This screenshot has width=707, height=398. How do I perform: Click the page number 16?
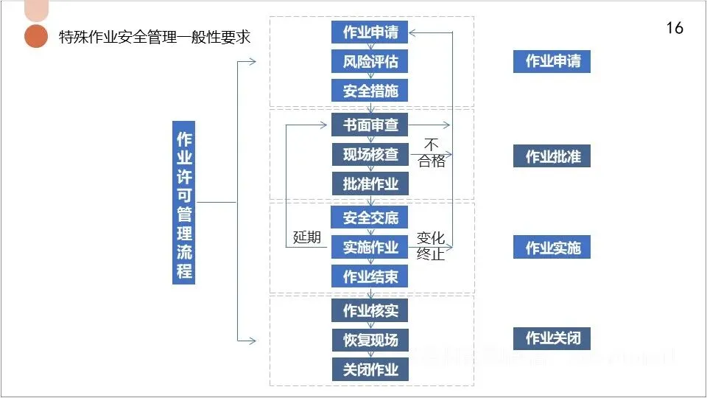coord(674,28)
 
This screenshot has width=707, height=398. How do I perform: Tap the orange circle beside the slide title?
coord(35,36)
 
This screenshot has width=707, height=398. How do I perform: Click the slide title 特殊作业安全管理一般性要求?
coord(154,37)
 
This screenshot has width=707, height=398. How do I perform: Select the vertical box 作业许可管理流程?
coord(183,201)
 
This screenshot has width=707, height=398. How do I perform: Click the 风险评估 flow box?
coord(370,61)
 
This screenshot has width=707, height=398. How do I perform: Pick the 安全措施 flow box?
coord(370,91)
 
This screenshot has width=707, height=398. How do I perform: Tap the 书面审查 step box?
coord(370,125)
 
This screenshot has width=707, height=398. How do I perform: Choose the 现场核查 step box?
coord(370,154)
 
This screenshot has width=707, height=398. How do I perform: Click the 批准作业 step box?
coord(370,184)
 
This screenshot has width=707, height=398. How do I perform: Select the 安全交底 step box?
coord(370,217)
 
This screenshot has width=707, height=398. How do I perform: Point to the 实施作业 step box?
coord(370,247)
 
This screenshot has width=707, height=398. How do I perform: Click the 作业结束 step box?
coord(370,276)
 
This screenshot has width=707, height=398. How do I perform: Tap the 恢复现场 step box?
coord(370,340)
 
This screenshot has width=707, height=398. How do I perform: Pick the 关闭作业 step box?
coord(370,369)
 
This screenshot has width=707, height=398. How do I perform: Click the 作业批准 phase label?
coord(552,156)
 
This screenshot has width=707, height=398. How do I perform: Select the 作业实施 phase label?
coord(552,248)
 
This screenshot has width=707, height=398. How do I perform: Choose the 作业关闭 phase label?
coord(552,338)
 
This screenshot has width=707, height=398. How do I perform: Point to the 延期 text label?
coord(307,237)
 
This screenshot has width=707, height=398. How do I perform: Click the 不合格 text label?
coord(432,153)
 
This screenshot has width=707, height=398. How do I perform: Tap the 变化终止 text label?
coord(431,246)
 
